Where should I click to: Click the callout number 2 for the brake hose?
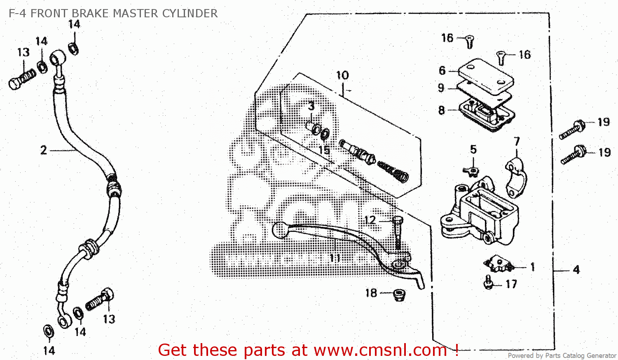coord(44,150)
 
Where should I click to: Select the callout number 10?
coord(342,75)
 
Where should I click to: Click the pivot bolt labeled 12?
coord(397,233)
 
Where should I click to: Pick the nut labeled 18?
coord(399,295)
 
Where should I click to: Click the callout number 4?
coord(576,270)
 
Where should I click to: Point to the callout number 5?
coord(473,150)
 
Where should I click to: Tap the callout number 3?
coord(311,106)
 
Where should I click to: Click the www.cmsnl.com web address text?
coord(380,350)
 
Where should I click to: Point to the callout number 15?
coord(324,150)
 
